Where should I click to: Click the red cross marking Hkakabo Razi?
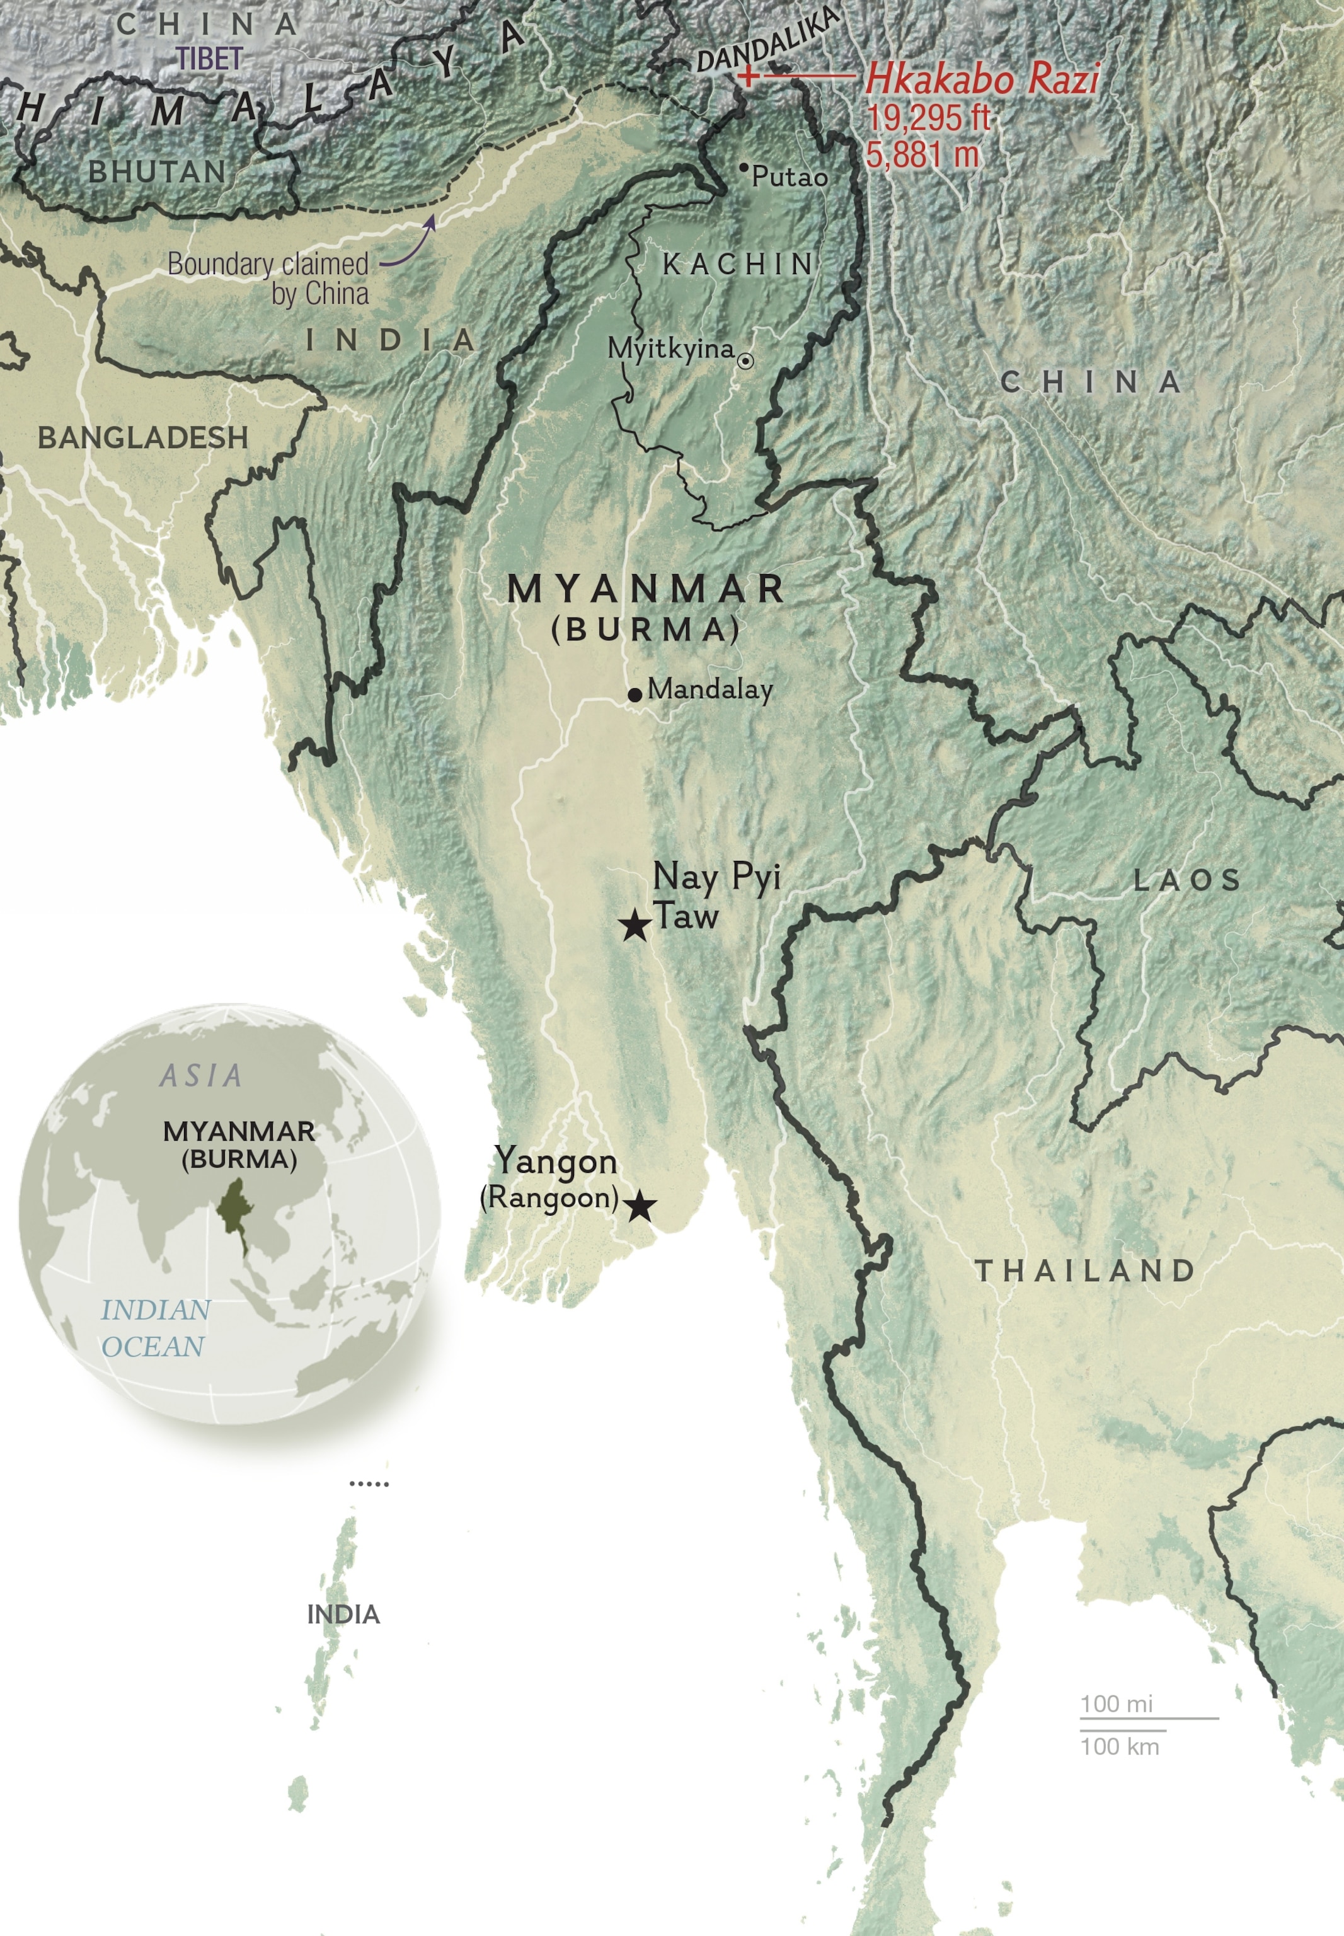747,77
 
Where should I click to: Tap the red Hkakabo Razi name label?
981,79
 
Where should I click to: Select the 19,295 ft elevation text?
928,118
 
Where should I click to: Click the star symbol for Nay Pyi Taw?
635,926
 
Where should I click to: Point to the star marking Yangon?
640,1206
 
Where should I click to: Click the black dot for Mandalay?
635,694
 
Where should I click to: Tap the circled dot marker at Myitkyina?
745,360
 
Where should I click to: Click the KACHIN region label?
738,265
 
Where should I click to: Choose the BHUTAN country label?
158,172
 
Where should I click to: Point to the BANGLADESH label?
143,437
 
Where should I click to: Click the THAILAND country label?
1084,1270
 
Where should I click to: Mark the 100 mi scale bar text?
1116,1703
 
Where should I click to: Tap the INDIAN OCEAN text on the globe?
154,1328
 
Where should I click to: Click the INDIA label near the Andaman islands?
343,1615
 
